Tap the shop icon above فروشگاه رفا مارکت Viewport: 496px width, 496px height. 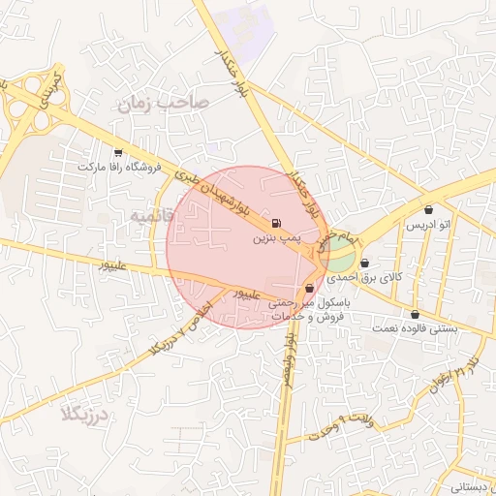coord(118,152)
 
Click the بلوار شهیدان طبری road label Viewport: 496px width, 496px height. coord(213,191)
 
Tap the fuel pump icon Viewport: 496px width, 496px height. coord(279,222)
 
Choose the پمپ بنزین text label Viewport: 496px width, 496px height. coord(279,237)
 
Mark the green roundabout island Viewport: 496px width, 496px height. coord(338,258)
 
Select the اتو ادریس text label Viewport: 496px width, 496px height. coord(428,225)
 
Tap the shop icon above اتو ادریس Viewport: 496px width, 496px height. coord(428,210)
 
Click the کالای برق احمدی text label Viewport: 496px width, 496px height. coord(363,277)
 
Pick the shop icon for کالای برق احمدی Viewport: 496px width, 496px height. coord(364,263)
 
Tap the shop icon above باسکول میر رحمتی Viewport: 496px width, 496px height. coord(309,288)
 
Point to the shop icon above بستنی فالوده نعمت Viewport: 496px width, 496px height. coord(416,314)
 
